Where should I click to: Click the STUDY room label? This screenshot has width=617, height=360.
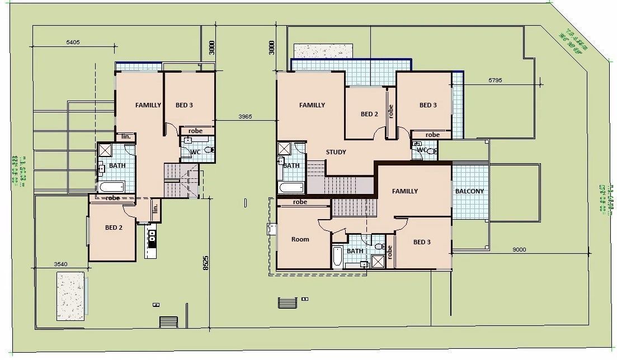336,152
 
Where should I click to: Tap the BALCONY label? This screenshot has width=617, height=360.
469,191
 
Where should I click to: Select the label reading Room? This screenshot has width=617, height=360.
300,239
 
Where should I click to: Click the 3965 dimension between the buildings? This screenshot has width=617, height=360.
246,117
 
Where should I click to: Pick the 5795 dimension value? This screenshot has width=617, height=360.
495,80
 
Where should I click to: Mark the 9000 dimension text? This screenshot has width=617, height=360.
519,250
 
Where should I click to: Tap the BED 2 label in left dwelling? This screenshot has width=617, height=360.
114,228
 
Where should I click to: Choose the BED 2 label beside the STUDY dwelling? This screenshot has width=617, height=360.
369,114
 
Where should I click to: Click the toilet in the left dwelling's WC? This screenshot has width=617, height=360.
209,150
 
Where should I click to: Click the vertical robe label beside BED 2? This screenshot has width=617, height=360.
390,111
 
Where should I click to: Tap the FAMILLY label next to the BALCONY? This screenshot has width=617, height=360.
404,191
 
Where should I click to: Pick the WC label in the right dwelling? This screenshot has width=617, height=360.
422,150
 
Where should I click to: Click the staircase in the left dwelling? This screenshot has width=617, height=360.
181,181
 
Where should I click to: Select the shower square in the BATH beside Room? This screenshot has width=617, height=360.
378,262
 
